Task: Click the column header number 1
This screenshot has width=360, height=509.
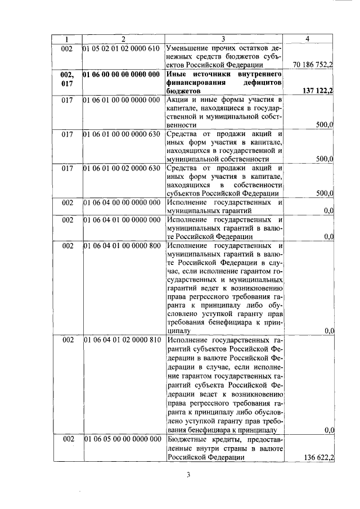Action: [67, 39]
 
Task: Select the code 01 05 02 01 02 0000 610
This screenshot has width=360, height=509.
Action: [122, 48]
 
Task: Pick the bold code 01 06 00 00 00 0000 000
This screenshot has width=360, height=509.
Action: [122, 74]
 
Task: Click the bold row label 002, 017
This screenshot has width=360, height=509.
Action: [67, 78]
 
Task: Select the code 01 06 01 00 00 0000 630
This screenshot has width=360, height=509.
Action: [122, 134]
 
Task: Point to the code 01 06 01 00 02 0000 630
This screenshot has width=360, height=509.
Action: [122, 169]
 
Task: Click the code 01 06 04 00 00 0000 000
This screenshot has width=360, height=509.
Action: [122, 202]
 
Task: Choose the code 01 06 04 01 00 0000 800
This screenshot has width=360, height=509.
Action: [122, 246]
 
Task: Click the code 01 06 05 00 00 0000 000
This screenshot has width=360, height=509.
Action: [122, 439]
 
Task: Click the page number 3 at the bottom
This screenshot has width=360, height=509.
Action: [190, 475]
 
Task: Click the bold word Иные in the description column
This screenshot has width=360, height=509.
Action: [177, 74]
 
